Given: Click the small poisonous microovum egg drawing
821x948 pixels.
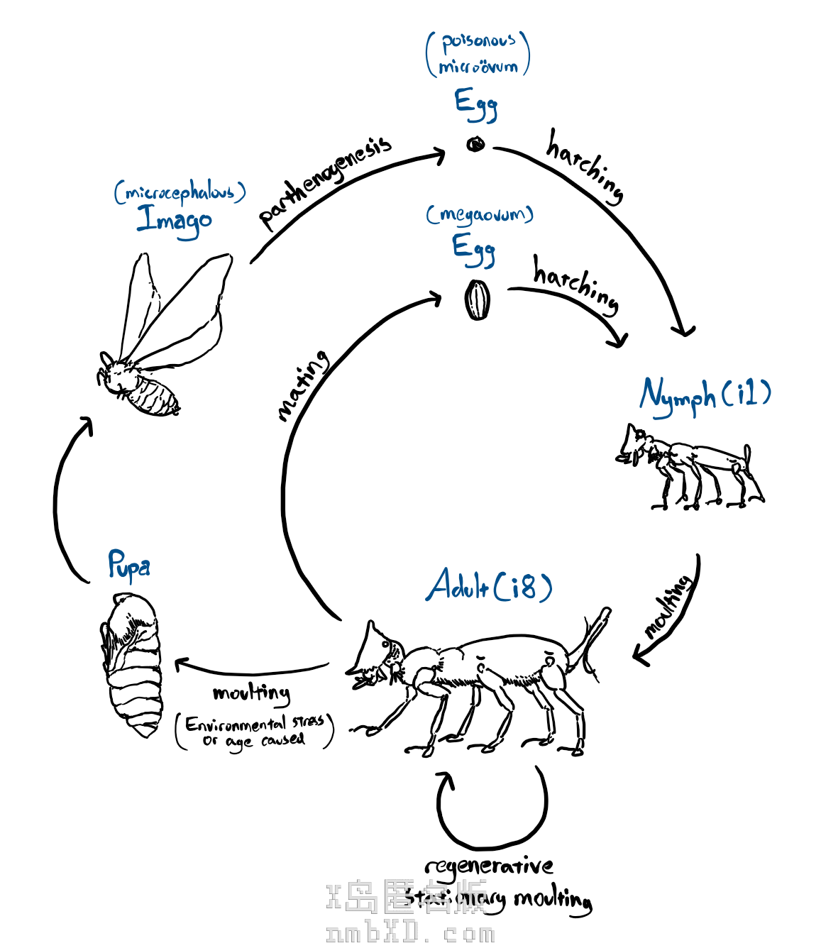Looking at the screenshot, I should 475,145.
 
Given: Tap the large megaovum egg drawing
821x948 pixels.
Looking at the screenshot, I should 478,300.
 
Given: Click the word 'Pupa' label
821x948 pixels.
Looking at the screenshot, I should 128,566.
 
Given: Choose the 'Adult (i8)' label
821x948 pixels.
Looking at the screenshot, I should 489,586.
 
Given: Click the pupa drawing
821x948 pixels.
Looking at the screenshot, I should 133,663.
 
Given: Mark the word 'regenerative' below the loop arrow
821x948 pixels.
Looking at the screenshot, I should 489,866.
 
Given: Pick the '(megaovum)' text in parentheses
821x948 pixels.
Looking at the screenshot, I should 480,214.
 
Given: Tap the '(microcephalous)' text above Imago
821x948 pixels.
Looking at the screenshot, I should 180,192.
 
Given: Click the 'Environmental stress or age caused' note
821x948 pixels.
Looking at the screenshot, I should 255,732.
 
